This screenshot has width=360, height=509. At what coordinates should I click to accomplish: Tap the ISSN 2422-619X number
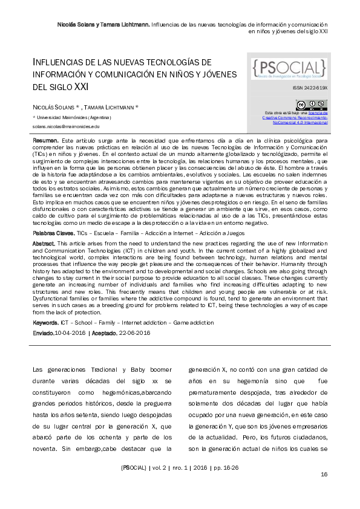313,88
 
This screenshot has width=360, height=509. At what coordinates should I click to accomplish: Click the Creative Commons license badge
311,105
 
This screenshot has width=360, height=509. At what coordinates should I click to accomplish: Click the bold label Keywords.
45,323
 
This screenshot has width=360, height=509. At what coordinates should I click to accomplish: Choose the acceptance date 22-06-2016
135,333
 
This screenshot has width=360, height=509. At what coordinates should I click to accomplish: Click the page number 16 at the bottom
324,474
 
